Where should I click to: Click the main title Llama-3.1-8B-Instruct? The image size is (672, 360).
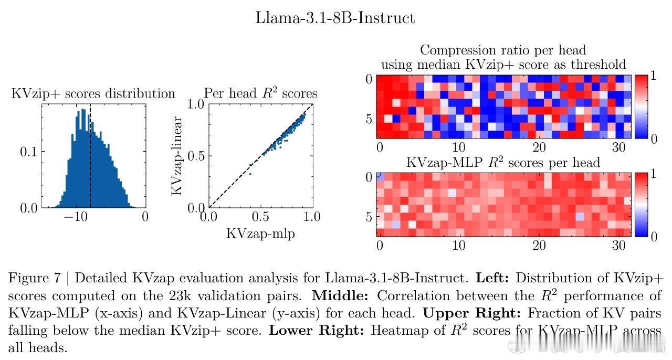pyautogui.click(x=335, y=18)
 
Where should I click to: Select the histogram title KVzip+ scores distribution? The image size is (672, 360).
pyautogui.click(x=93, y=94)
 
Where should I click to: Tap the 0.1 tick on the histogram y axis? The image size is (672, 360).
pyautogui.click(x=29, y=152)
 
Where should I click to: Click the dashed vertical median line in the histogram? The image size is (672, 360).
pyautogui.click(x=90, y=157)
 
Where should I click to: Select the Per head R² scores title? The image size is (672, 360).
pyautogui.click(x=260, y=94)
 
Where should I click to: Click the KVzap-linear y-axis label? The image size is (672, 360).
pyautogui.click(x=177, y=156)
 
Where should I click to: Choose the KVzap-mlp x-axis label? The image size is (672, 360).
pyautogui.click(x=260, y=234)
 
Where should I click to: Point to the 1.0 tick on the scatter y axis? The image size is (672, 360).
pyautogui.click(x=195, y=104)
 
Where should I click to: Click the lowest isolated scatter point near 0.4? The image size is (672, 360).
pyautogui.click(x=250, y=174)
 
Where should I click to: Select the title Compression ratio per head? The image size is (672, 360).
pyautogui.click(x=503, y=50)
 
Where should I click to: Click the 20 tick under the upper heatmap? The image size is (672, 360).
pyautogui.click(x=539, y=147)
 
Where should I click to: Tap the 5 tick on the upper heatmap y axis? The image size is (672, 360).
pyautogui.click(x=367, y=119)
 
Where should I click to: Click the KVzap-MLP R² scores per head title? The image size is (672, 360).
pyautogui.click(x=503, y=163)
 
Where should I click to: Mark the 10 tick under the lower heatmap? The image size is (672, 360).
pyautogui.click(x=459, y=245)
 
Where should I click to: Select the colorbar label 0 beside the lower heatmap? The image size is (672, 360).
pyautogui.click(x=653, y=237)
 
